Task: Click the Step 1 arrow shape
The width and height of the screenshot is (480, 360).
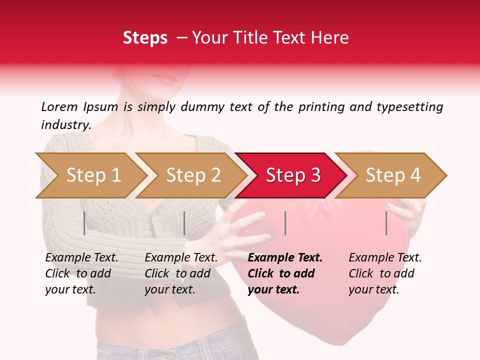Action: pyautogui.click(x=92, y=175)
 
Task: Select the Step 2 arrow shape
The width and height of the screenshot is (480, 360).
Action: pyautogui.click(x=192, y=175)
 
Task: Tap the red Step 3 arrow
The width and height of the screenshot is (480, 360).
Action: pyautogui.click(x=292, y=175)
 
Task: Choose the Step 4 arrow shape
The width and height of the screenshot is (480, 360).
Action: pyautogui.click(x=392, y=175)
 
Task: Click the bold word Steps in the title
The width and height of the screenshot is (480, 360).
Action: pyautogui.click(x=145, y=37)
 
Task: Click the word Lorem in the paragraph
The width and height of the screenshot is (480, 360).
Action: pyautogui.click(x=59, y=106)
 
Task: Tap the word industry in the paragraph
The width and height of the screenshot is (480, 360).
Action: pyautogui.click(x=65, y=124)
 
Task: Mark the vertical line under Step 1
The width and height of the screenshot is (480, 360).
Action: pyautogui.click(x=84, y=223)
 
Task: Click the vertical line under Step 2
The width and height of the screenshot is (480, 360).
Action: pyautogui.click(x=184, y=223)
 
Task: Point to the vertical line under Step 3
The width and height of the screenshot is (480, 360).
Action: pyautogui.click(x=285, y=223)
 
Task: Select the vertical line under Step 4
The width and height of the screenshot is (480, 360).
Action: pyautogui.click(x=386, y=223)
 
